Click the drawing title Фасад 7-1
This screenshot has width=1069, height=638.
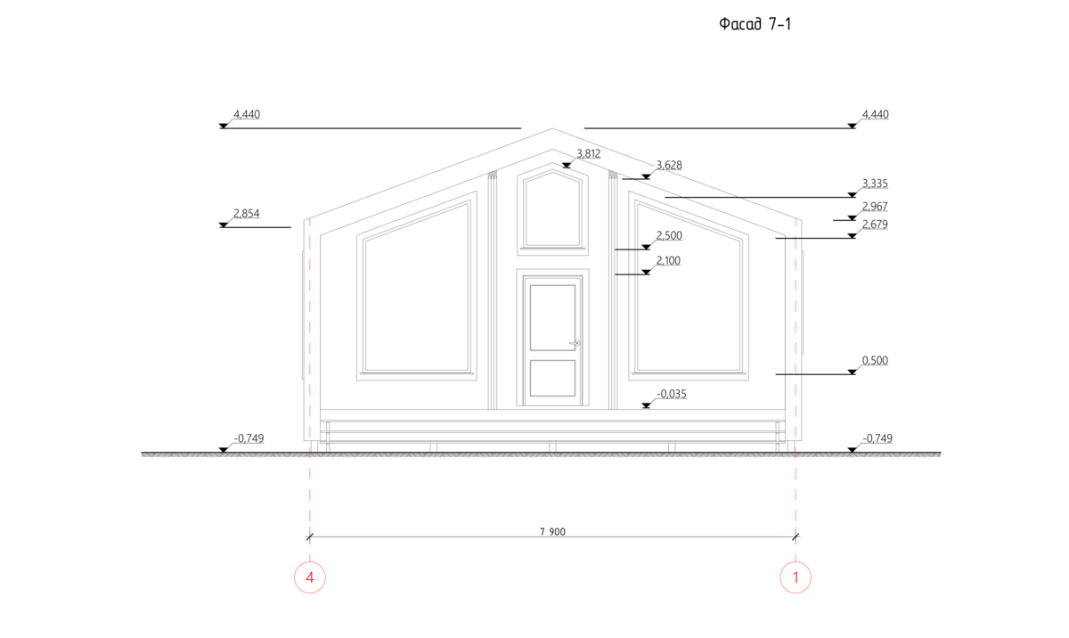click(755, 23)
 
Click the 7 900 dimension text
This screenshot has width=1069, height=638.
click(552, 532)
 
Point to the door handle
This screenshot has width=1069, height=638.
click(575, 343)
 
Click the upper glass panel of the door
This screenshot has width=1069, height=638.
click(552, 318)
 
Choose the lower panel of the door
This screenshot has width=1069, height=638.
click(552, 378)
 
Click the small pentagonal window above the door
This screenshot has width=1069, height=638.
click(552, 209)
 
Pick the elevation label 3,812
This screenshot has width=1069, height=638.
click(589, 153)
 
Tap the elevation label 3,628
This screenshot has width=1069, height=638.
click(669, 165)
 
